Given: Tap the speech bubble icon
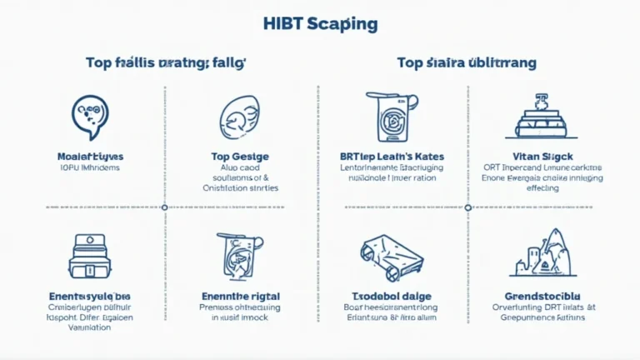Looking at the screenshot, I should (x=89, y=117).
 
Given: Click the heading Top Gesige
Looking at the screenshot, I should (x=240, y=156).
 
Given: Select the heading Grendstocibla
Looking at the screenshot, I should (x=542, y=295).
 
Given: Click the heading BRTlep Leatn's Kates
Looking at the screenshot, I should (x=392, y=156).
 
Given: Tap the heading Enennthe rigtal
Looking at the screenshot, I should (x=240, y=295).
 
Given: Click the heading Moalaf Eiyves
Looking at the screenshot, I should (x=89, y=156).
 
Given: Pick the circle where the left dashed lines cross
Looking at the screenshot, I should (x=164, y=207).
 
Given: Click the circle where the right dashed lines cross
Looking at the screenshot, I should (x=467, y=207).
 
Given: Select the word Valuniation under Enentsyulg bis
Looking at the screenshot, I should (x=89, y=327).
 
